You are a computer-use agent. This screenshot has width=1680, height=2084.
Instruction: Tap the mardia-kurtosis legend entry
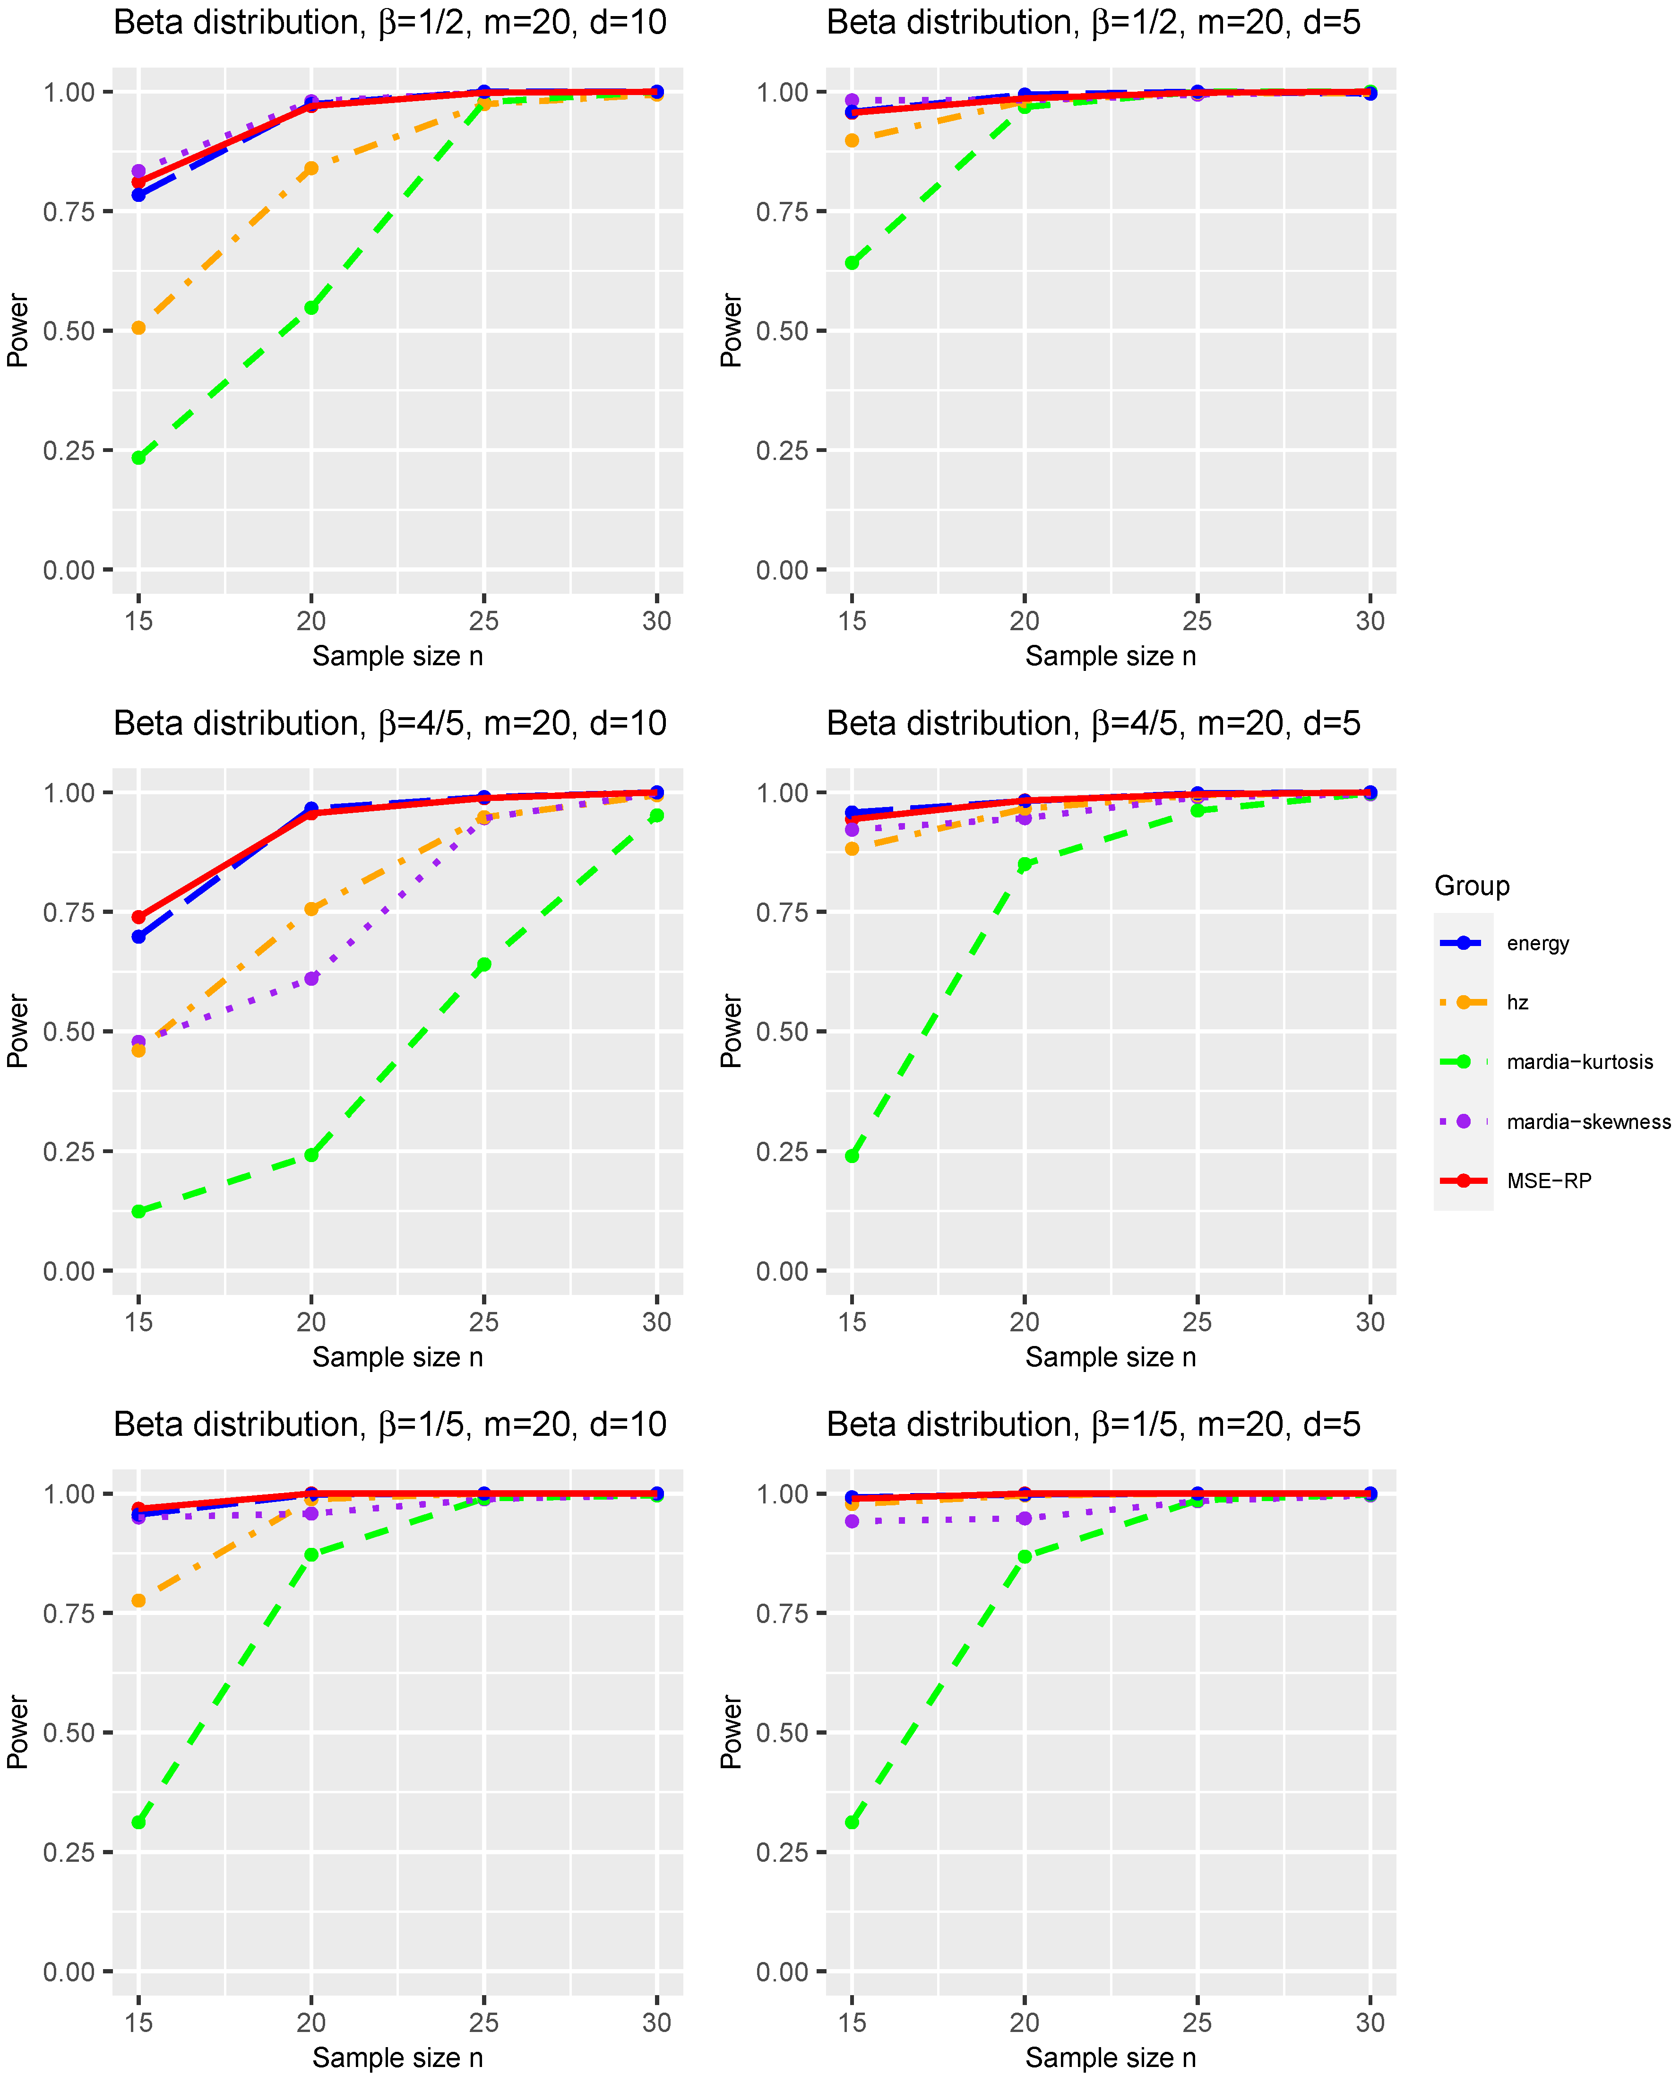tap(1579, 1062)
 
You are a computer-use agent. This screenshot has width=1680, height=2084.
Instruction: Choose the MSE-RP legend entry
tap(1548, 1181)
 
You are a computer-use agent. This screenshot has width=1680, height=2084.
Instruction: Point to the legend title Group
tap(1471, 886)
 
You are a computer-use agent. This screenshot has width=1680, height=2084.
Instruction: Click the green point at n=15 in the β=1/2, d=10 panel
tap(138, 458)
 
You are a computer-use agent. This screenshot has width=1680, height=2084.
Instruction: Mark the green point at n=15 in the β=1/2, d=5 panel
tap(852, 262)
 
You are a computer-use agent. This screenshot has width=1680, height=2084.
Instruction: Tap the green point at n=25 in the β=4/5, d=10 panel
tap(484, 965)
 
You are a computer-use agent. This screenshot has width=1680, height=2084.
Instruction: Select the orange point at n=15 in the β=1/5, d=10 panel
tap(138, 1601)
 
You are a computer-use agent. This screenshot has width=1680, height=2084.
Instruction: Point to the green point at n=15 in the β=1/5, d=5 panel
tap(852, 1823)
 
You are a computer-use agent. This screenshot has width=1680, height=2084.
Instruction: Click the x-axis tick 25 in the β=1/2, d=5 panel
tap(1197, 621)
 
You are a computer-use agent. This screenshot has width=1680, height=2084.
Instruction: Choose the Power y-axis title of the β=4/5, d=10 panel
tap(17, 1031)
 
